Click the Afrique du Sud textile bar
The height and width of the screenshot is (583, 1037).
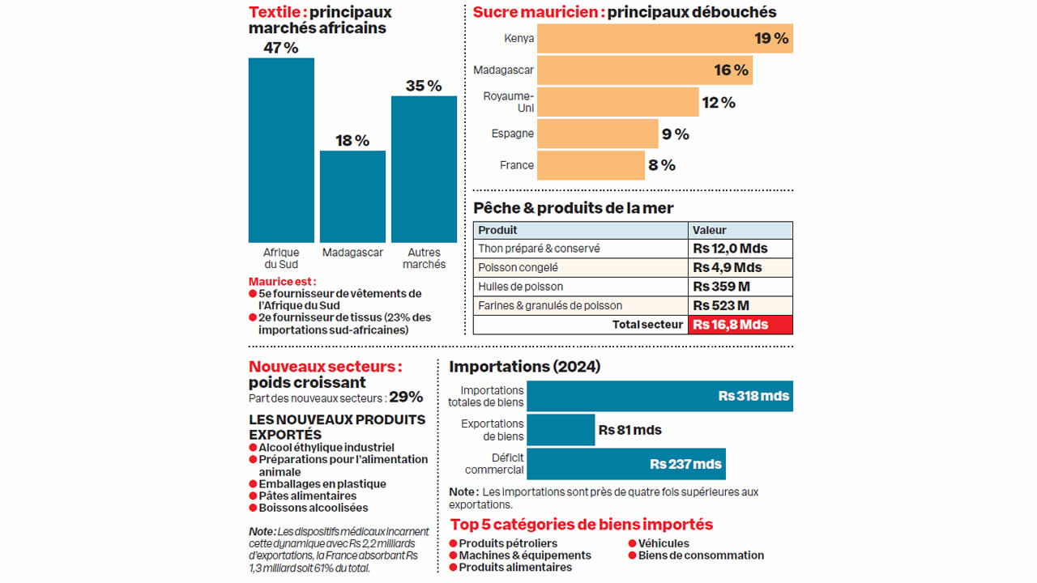click(x=280, y=150)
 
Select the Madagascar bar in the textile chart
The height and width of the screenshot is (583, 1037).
click(x=352, y=197)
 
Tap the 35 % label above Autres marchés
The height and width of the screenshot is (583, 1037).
click(x=424, y=86)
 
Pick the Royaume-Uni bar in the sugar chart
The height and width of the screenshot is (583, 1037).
click(x=617, y=102)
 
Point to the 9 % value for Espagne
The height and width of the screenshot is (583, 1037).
click(x=676, y=134)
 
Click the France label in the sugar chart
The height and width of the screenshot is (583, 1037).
click(x=517, y=165)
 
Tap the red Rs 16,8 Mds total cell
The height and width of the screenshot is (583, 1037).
click(x=740, y=325)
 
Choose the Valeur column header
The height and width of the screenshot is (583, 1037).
click(x=710, y=230)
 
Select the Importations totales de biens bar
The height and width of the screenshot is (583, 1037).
click(x=659, y=396)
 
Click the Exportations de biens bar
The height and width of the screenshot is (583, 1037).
click(x=561, y=430)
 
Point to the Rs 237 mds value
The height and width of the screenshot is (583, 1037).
click(x=685, y=464)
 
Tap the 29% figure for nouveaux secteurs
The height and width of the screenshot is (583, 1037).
click(x=406, y=397)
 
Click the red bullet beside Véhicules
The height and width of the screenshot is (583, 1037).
click(x=632, y=543)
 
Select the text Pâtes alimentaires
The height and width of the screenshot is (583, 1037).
click(x=307, y=496)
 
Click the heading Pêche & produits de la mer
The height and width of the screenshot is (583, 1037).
click(x=573, y=208)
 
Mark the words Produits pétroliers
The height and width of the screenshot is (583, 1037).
click(x=508, y=543)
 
